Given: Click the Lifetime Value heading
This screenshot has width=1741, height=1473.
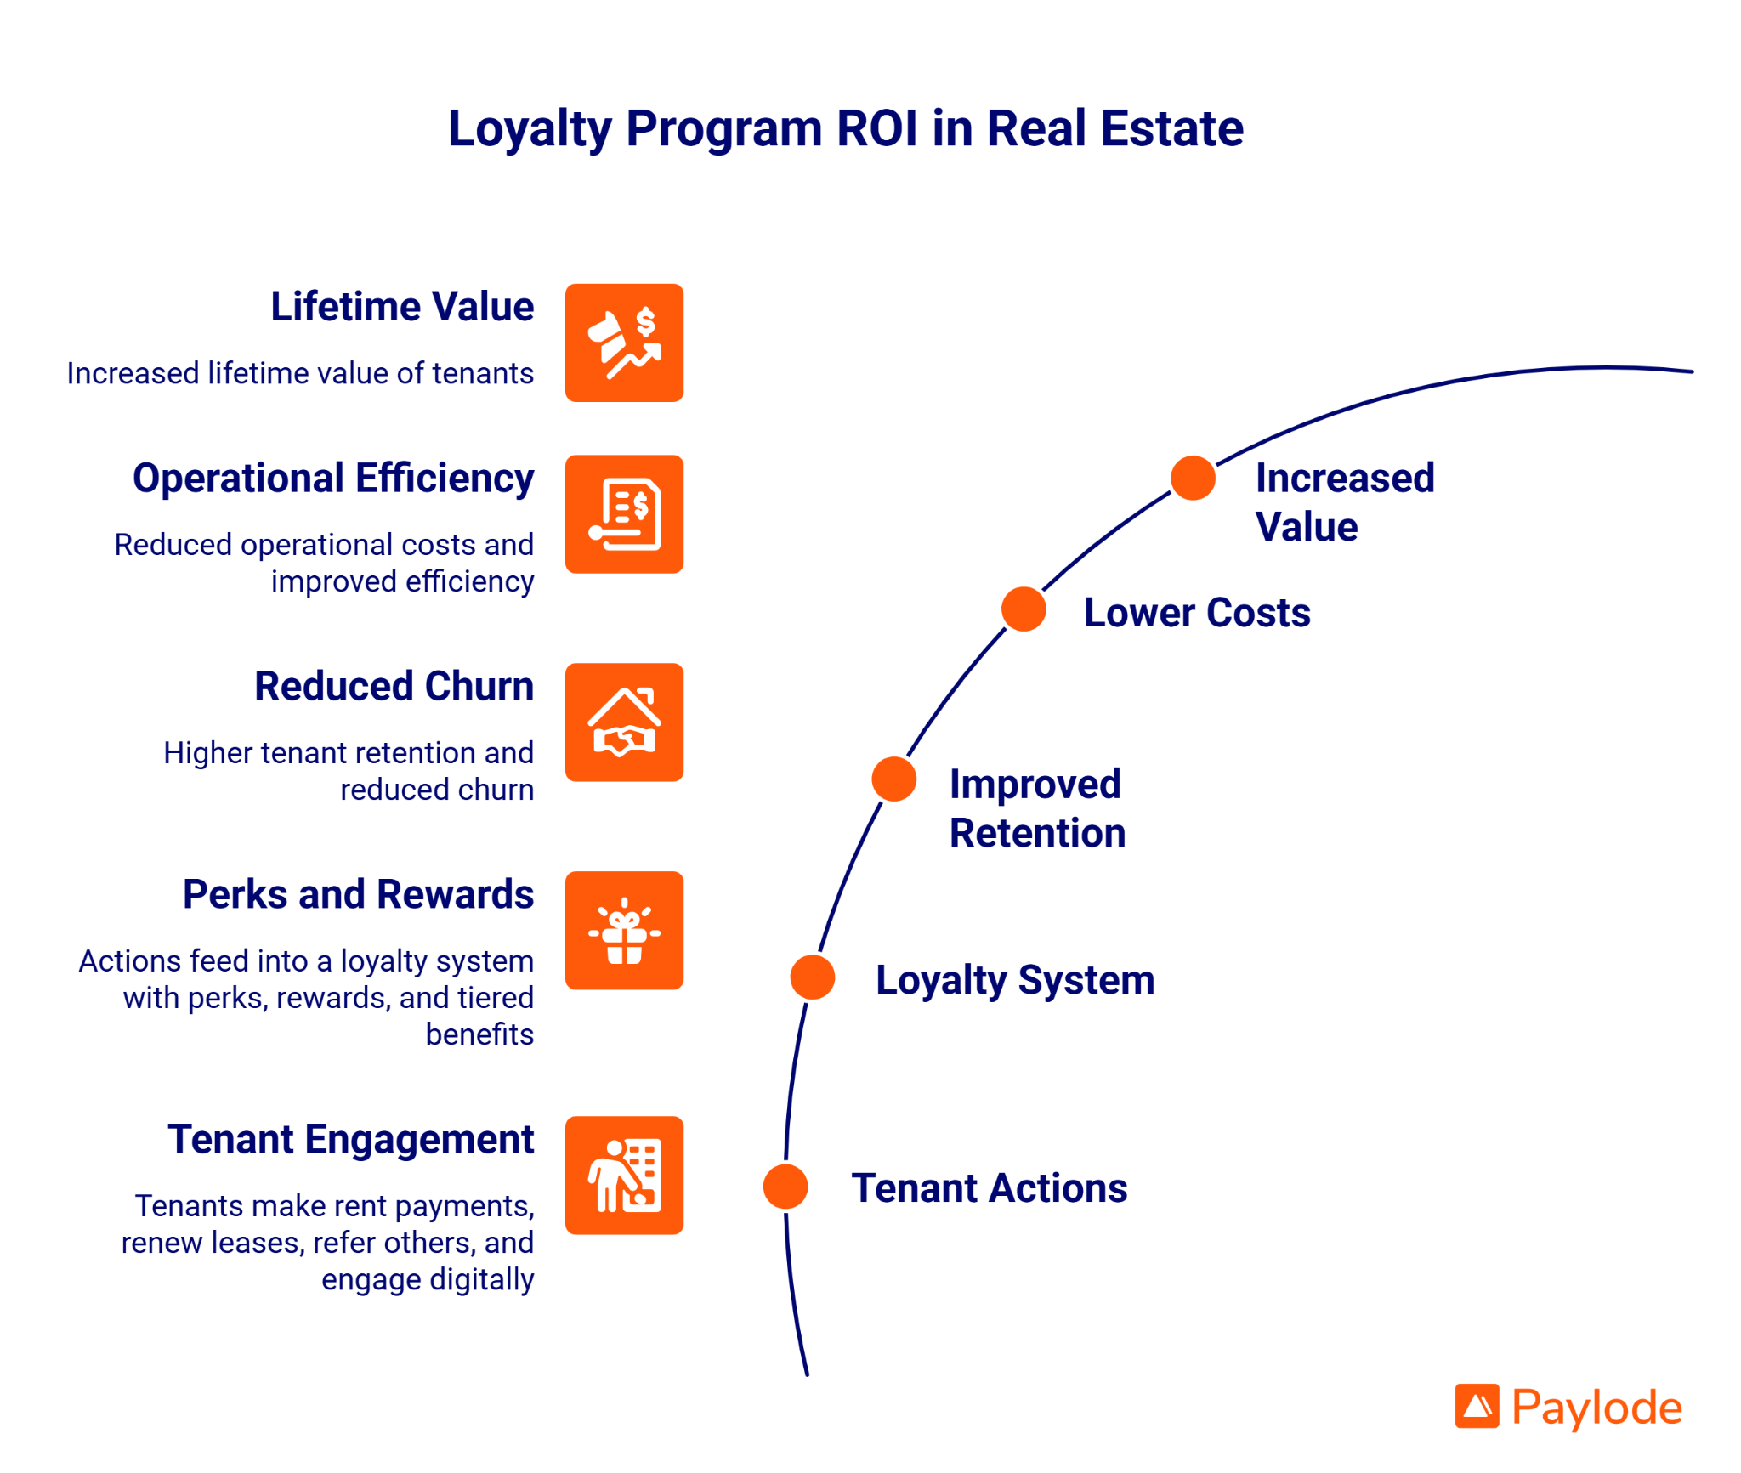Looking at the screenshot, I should tap(402, 307).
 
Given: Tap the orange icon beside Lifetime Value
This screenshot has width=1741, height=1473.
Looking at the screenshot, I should tap(624, 343).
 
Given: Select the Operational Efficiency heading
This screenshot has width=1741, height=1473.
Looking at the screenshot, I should tap(333, 479).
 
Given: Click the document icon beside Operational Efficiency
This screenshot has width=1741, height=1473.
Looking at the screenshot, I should tap(624, 514).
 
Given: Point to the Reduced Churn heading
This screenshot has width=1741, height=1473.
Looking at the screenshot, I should tap(394, 686).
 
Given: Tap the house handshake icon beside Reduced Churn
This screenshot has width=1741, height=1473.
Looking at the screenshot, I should tap(624, 722).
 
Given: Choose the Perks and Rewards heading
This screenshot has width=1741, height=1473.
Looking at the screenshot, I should tap(358, 894).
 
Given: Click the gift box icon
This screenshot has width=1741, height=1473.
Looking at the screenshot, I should tap(624, 931).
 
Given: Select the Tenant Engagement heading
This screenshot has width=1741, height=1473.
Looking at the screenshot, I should tap(350, 1139).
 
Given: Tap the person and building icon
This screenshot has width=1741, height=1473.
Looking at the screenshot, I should tap(624, 1176).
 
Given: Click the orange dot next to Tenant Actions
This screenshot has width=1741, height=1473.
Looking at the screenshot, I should tap(785, 1187).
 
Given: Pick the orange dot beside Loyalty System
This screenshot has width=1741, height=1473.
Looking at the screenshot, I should tap(813, 977).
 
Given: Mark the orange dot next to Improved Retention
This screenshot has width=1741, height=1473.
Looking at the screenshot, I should tap(894, 779).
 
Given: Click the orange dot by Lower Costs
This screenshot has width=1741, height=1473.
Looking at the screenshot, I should tap(1024, 609).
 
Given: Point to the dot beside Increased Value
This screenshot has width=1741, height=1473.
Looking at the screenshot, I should tap(1193, 478).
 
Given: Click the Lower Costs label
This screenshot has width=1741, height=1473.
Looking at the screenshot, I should tap(1197, 613).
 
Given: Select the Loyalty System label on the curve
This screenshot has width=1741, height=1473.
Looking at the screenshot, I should tap(1015, 980).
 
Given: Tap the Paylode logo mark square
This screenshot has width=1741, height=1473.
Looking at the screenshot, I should tap(1477, 1407).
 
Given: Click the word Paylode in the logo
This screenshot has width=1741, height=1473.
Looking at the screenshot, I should tap(1596, 1408).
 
